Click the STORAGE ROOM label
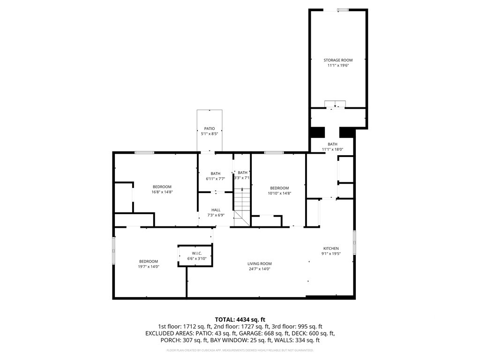[338, 60]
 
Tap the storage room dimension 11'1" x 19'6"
[338, 66]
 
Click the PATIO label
[209, 128]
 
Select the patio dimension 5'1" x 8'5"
[209, 134]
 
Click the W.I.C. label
[197, 253]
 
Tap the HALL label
[216, 210]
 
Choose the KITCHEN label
[331, 248]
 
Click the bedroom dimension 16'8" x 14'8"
[162, 192]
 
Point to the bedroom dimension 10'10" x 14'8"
[279, 193]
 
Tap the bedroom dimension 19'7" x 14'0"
[149, 267]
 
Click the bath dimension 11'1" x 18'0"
[333, 150]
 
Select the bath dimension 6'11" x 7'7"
[216, 179]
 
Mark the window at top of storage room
[343, 10]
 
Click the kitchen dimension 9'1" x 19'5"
[331, 254]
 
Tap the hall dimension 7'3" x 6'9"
[216, 216]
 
